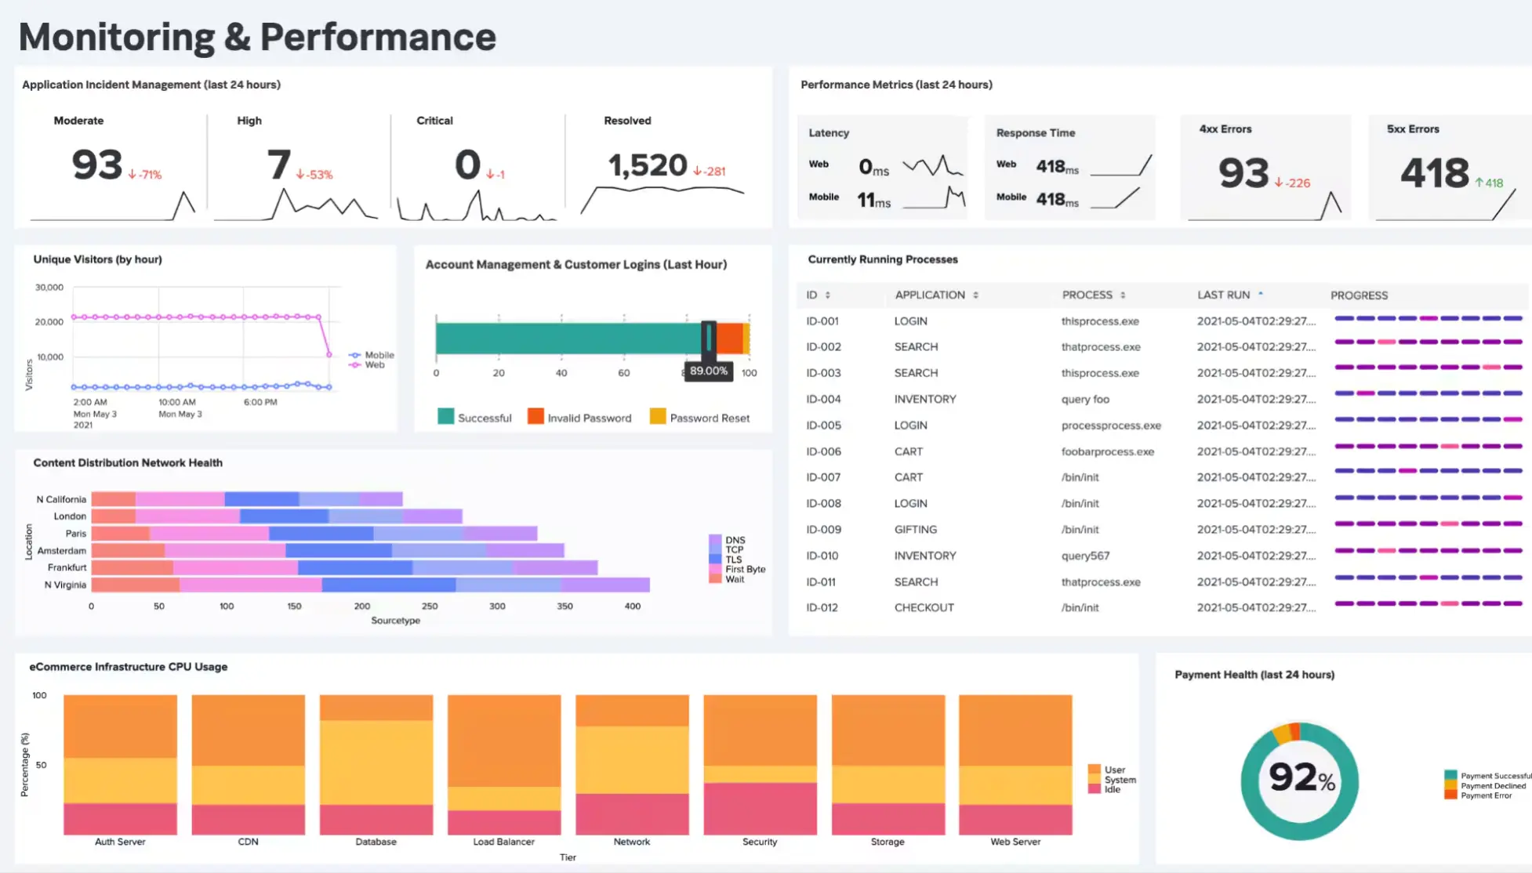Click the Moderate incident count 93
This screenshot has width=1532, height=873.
point(97,165)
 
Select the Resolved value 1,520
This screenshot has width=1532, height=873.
point(648,165)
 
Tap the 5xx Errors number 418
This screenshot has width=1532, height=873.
point(1434,173)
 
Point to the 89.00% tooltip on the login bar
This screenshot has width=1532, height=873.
point(708,371)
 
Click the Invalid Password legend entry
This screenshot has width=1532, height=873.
point(588,418)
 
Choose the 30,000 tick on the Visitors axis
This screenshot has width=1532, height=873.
point(49,288)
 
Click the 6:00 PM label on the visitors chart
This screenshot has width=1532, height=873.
point(260,402)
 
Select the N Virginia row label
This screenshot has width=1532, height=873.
point(65,585)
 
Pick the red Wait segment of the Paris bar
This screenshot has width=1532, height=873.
point(120,534)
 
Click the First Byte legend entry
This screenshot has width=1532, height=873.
point(744,569)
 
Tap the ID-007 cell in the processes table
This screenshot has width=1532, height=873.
point(823,477)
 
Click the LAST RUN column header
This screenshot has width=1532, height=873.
point(1223,295)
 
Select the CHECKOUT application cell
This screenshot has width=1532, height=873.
point(924,607)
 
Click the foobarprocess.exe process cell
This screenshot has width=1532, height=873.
point(1107,451)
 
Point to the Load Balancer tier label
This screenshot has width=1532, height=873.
point(503,842)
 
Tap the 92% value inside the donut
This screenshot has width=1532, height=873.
point(1301,777)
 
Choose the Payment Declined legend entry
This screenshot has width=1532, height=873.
point(1492,785)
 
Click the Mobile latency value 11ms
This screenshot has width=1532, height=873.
point(873,201)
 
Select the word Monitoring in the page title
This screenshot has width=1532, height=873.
point(116,37)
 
